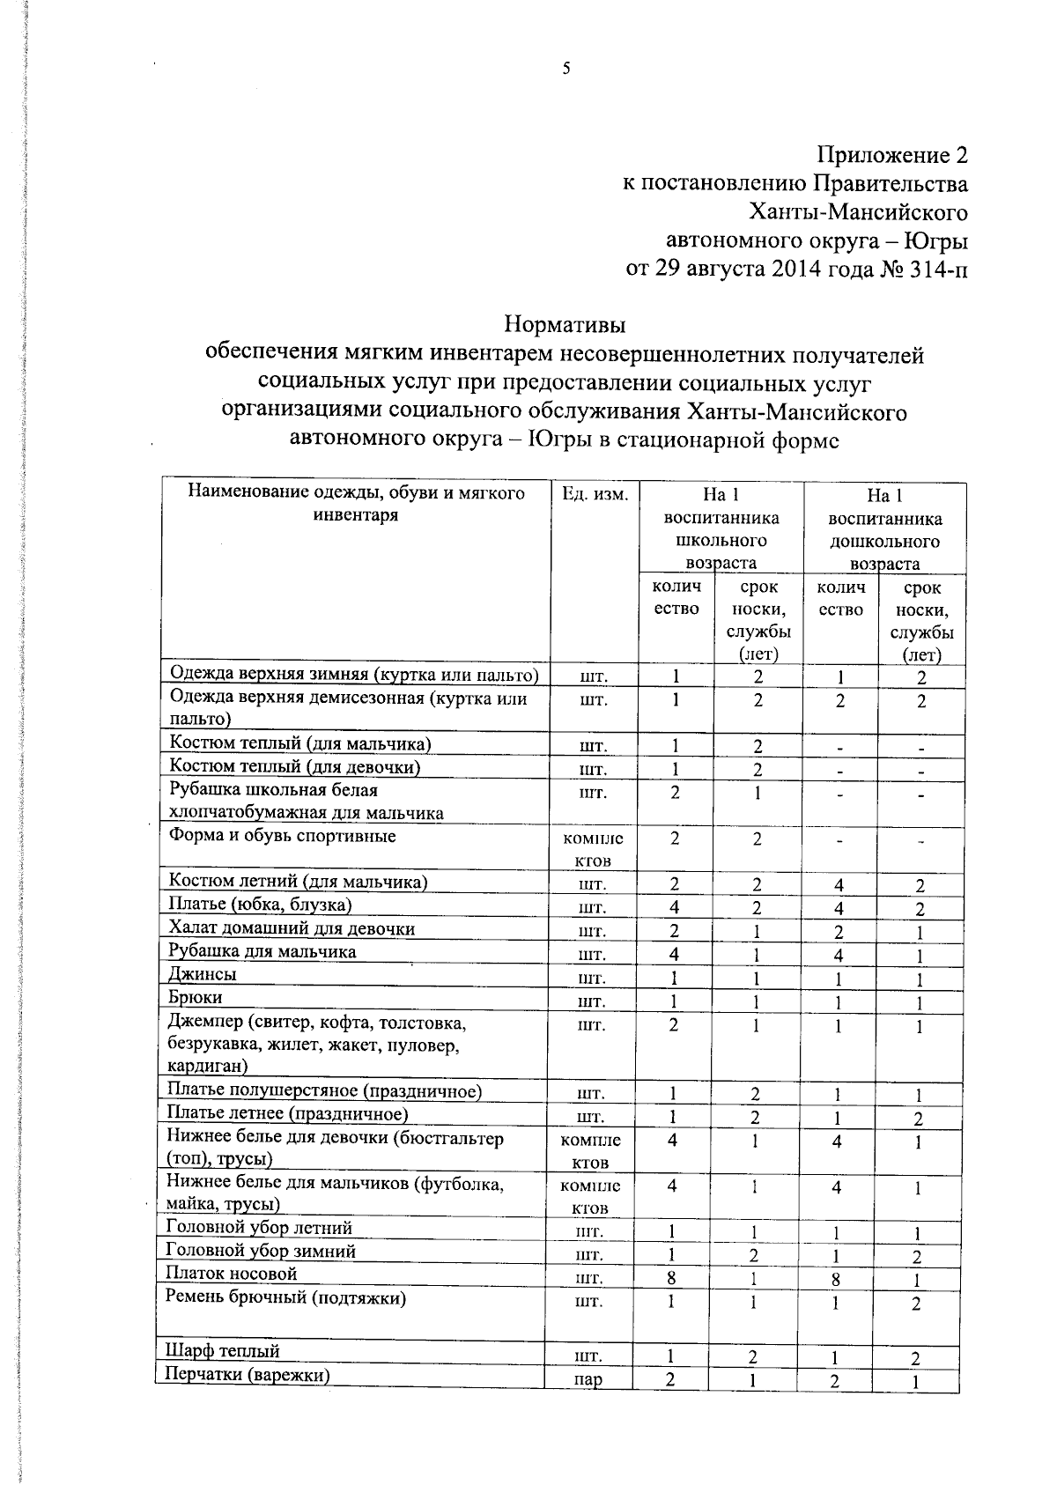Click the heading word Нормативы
(565, 325)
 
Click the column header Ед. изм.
(595, 494)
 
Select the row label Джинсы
(203, 974)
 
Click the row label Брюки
(196, 997)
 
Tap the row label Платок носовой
(233, 1274)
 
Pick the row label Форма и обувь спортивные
(283, 836)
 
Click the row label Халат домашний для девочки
(292, 928)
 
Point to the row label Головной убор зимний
(262, 1251)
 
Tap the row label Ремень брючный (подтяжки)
(287, 1297)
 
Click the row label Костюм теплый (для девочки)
(295, 766)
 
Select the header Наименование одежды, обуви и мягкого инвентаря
(356, 504)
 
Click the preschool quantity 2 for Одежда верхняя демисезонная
(839, 701)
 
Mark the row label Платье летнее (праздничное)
(288, 1114)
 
